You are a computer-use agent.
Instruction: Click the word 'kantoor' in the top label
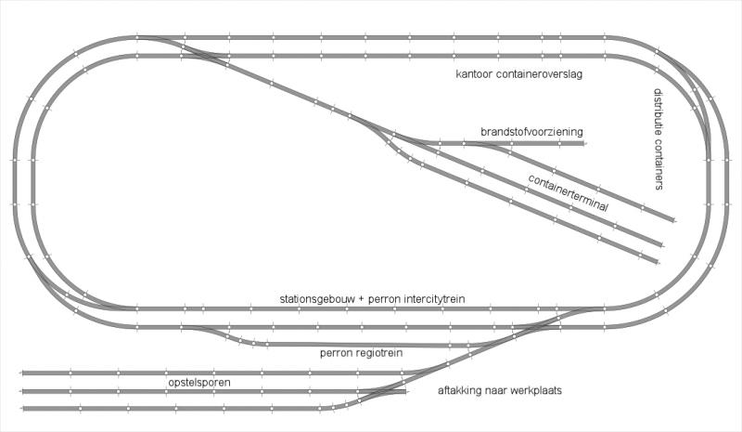click(x=473, y=74)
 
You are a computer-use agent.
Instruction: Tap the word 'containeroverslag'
click(x=538, y=74)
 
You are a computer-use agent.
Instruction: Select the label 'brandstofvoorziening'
click(x=531, y=131)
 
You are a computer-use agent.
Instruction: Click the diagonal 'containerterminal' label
click(x=568, y=193)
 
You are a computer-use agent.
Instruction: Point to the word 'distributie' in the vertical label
click(x=659, y=111)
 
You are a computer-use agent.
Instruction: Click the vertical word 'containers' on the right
click(x=659, y=164)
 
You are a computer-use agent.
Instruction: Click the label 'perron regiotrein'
click(x=361, y=353)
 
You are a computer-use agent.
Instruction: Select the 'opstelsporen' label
click(x=199, y=382)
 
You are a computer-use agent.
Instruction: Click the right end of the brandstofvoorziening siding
click(x=584, y=143)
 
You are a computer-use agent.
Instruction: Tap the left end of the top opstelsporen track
click(x=22, y=373)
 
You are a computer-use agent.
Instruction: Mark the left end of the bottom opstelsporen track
click(x=22, y=408)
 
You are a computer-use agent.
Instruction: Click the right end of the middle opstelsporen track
click(x=405, y=392)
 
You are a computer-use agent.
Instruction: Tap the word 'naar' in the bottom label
click(x=493, y=391)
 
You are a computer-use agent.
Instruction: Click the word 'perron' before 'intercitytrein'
click(x=384, y=300)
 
